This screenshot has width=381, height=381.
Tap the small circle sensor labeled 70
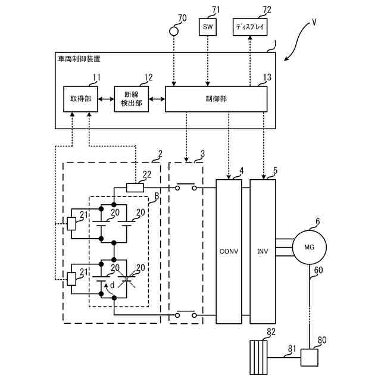pos(173,31)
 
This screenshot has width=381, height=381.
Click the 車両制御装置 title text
pos(79,59)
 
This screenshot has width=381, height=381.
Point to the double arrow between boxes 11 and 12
pos(106,99)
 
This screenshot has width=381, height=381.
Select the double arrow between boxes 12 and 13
pos(157,99)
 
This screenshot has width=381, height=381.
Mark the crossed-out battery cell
pos(126,279)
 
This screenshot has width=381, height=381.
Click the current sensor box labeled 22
pos(135,188)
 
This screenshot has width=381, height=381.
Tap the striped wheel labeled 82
pos(258,357)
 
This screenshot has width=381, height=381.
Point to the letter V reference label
pos(314,23)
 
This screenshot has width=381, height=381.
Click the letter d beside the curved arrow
pos(113,285)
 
